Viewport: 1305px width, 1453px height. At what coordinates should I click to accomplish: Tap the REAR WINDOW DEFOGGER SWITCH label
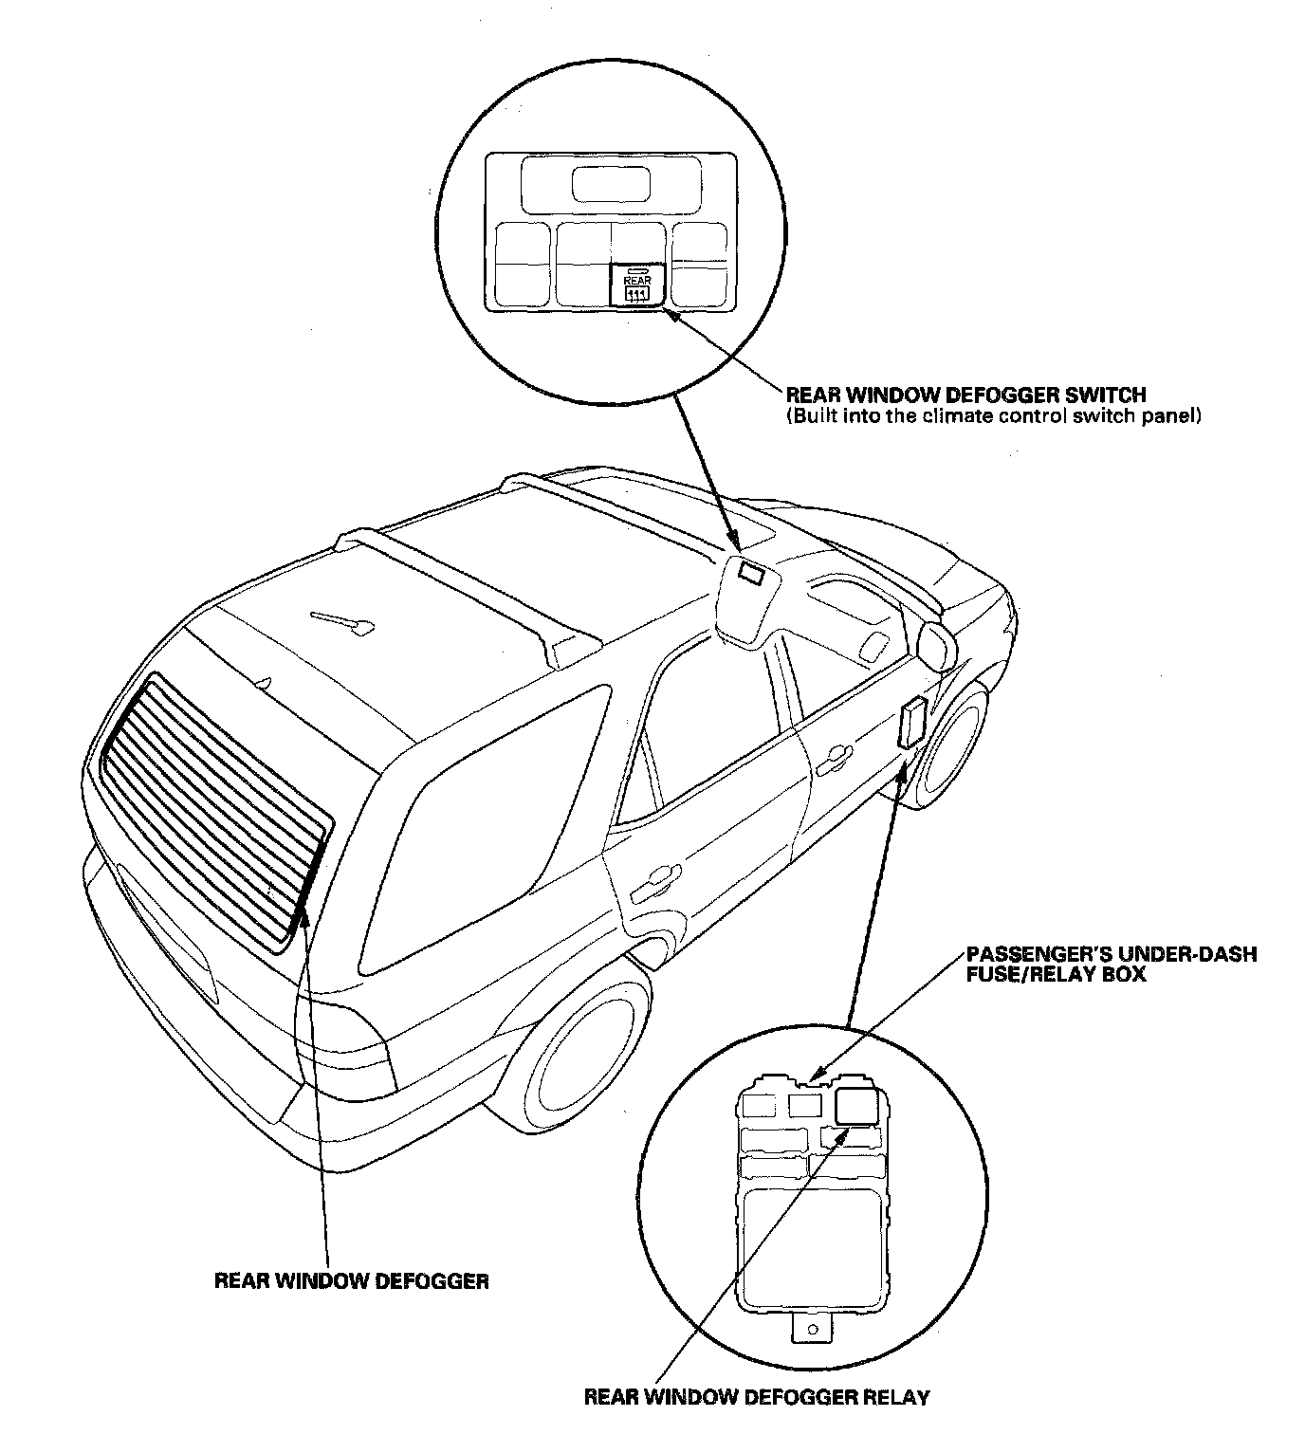[965, 395]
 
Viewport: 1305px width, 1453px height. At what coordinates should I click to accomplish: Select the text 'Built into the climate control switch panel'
[994, 416]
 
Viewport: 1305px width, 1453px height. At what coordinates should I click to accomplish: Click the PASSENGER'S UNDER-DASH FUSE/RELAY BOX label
[1111, 964]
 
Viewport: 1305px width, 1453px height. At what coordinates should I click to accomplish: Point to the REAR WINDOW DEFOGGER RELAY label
[757, 1397]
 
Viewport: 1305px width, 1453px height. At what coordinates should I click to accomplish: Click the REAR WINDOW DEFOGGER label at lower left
[352, 1281]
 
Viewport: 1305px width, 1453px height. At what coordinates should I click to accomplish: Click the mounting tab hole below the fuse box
[811, 1331]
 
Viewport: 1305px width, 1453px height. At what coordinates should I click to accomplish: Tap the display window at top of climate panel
[610, 184]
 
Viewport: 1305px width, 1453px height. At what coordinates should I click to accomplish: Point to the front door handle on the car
[832, 754]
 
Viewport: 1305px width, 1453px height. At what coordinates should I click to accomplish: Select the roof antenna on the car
[342, 620]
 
